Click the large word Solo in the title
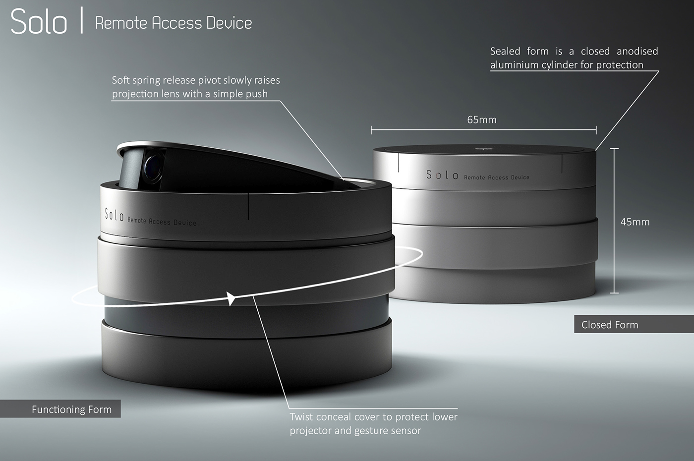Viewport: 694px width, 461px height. [x=39, y=22]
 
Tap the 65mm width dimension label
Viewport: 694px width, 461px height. [x=481, y=120]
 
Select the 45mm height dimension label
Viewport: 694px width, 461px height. [x=635, y=222]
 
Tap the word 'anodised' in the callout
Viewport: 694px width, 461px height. [x=637, y=51]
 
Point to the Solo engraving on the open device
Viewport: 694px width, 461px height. [x=114, y=215]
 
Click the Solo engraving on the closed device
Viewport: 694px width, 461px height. [x=442, y=175]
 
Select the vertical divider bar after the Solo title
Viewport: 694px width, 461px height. [x=81, y=22]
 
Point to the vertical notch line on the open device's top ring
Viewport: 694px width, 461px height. [x=248, y=206]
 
